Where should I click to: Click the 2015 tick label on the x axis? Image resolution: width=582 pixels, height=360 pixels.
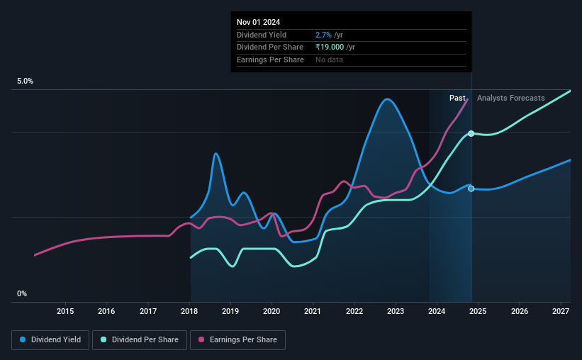[65, 311]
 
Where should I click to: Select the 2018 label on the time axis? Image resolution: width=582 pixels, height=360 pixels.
[189, 311]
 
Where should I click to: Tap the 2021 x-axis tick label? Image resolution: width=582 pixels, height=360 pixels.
[313, 311]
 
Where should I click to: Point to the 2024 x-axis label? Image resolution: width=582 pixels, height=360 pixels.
[437, 311]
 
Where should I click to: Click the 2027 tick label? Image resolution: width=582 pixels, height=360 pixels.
[561, 311]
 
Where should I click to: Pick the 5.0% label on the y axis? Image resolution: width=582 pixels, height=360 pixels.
[26, 81]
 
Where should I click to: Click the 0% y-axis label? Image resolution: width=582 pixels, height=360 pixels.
[22, 293]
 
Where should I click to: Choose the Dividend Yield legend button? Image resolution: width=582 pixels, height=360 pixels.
[50, 340]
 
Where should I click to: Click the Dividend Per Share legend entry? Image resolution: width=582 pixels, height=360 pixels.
[140, 340]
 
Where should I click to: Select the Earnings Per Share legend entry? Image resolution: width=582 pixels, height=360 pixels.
[237, 340]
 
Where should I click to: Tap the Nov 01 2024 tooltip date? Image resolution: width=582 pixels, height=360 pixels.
[258, 22]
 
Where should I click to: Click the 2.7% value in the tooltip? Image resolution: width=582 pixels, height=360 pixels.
[323, 35]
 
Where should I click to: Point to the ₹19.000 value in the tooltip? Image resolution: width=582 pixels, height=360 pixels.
[330, 47]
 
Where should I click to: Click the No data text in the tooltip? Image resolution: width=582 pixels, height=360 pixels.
[329, 60]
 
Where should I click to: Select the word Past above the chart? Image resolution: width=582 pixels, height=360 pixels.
[457, 98]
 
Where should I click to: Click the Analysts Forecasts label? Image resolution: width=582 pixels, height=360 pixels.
[510, 98]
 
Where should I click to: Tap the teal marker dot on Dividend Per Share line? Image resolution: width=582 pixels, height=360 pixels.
[471, 134]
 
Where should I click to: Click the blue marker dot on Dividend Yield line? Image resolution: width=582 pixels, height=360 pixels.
[471, 189]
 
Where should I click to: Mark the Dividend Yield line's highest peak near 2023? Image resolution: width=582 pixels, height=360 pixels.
[387, 99]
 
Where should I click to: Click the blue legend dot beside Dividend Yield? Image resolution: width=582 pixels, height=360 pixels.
[23, 339]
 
